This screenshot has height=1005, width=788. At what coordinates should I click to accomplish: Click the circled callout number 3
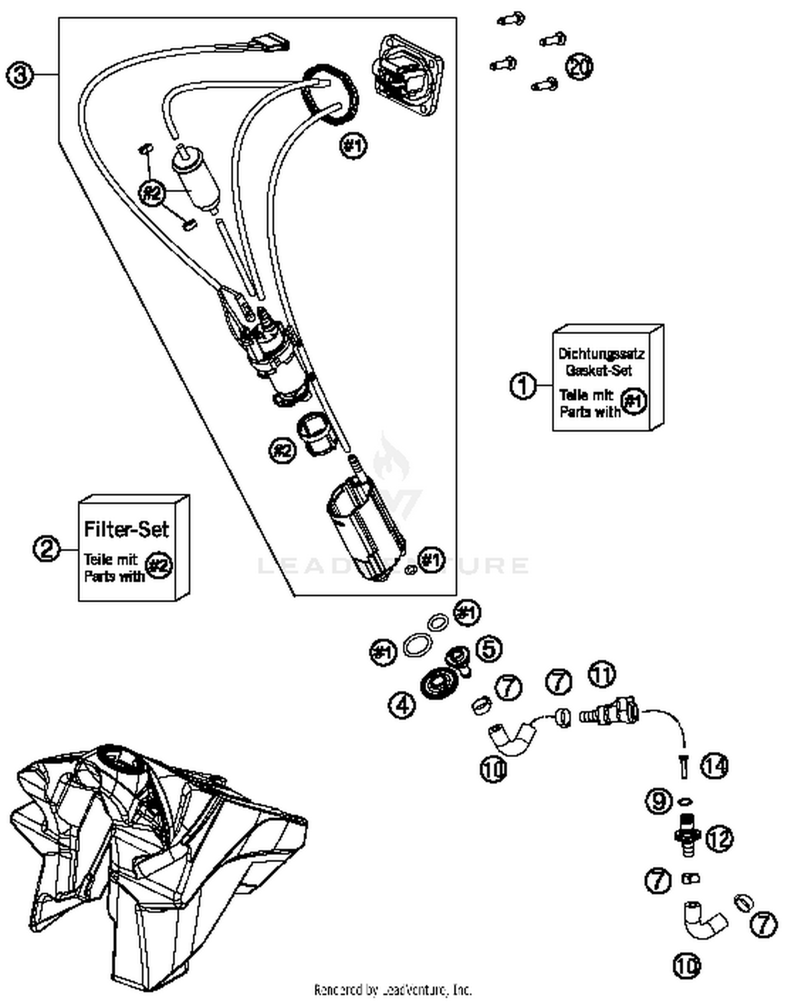coord(19,75)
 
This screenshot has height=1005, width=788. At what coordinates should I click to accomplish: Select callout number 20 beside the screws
coord(579,67)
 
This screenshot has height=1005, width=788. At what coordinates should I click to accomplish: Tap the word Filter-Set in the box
coord(127,529)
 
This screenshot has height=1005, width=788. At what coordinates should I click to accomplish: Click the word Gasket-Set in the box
coord(599,370)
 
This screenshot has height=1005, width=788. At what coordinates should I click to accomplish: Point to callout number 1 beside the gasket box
coord(523,386)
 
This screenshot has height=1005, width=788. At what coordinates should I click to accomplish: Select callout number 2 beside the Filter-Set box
coord(47,550)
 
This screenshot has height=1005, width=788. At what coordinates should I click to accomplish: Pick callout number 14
coord(714,766)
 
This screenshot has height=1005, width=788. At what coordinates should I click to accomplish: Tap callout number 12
coord(719,839)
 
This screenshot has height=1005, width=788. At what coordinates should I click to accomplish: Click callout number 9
coord(658,801)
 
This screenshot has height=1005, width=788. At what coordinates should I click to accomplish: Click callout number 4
coord(402,705)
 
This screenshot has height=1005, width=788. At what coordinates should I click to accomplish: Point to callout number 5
coord(489,650)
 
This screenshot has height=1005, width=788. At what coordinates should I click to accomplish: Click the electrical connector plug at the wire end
coord(272,43)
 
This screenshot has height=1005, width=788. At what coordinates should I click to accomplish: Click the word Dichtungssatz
coord(601,354)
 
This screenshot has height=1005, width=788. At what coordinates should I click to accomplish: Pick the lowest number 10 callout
coord(687,965)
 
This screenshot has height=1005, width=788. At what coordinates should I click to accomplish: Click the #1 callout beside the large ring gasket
coord(354,145)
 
